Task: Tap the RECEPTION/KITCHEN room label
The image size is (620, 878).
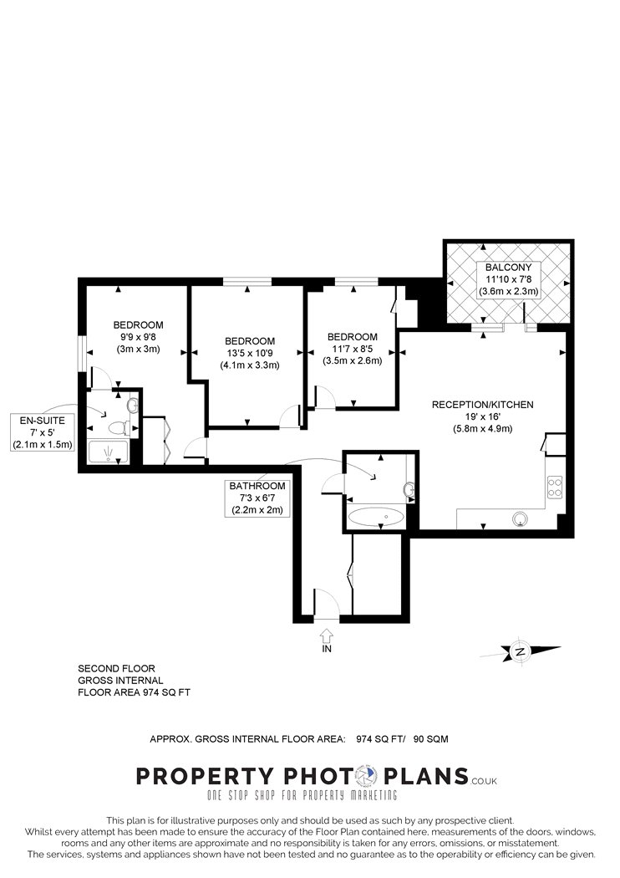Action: tap(482, 405)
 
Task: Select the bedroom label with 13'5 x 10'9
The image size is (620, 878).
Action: tap(249, 341)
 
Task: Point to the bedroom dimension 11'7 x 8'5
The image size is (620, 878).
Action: tap(352, 350)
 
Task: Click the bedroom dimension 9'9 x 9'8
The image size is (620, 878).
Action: tap(138, 337)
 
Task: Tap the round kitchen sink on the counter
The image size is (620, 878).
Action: tap(522, 519)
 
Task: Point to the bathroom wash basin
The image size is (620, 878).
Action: tap(409, 488)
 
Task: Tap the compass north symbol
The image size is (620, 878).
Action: tap(521, 651)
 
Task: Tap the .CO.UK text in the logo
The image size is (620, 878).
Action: tap(484, 780)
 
